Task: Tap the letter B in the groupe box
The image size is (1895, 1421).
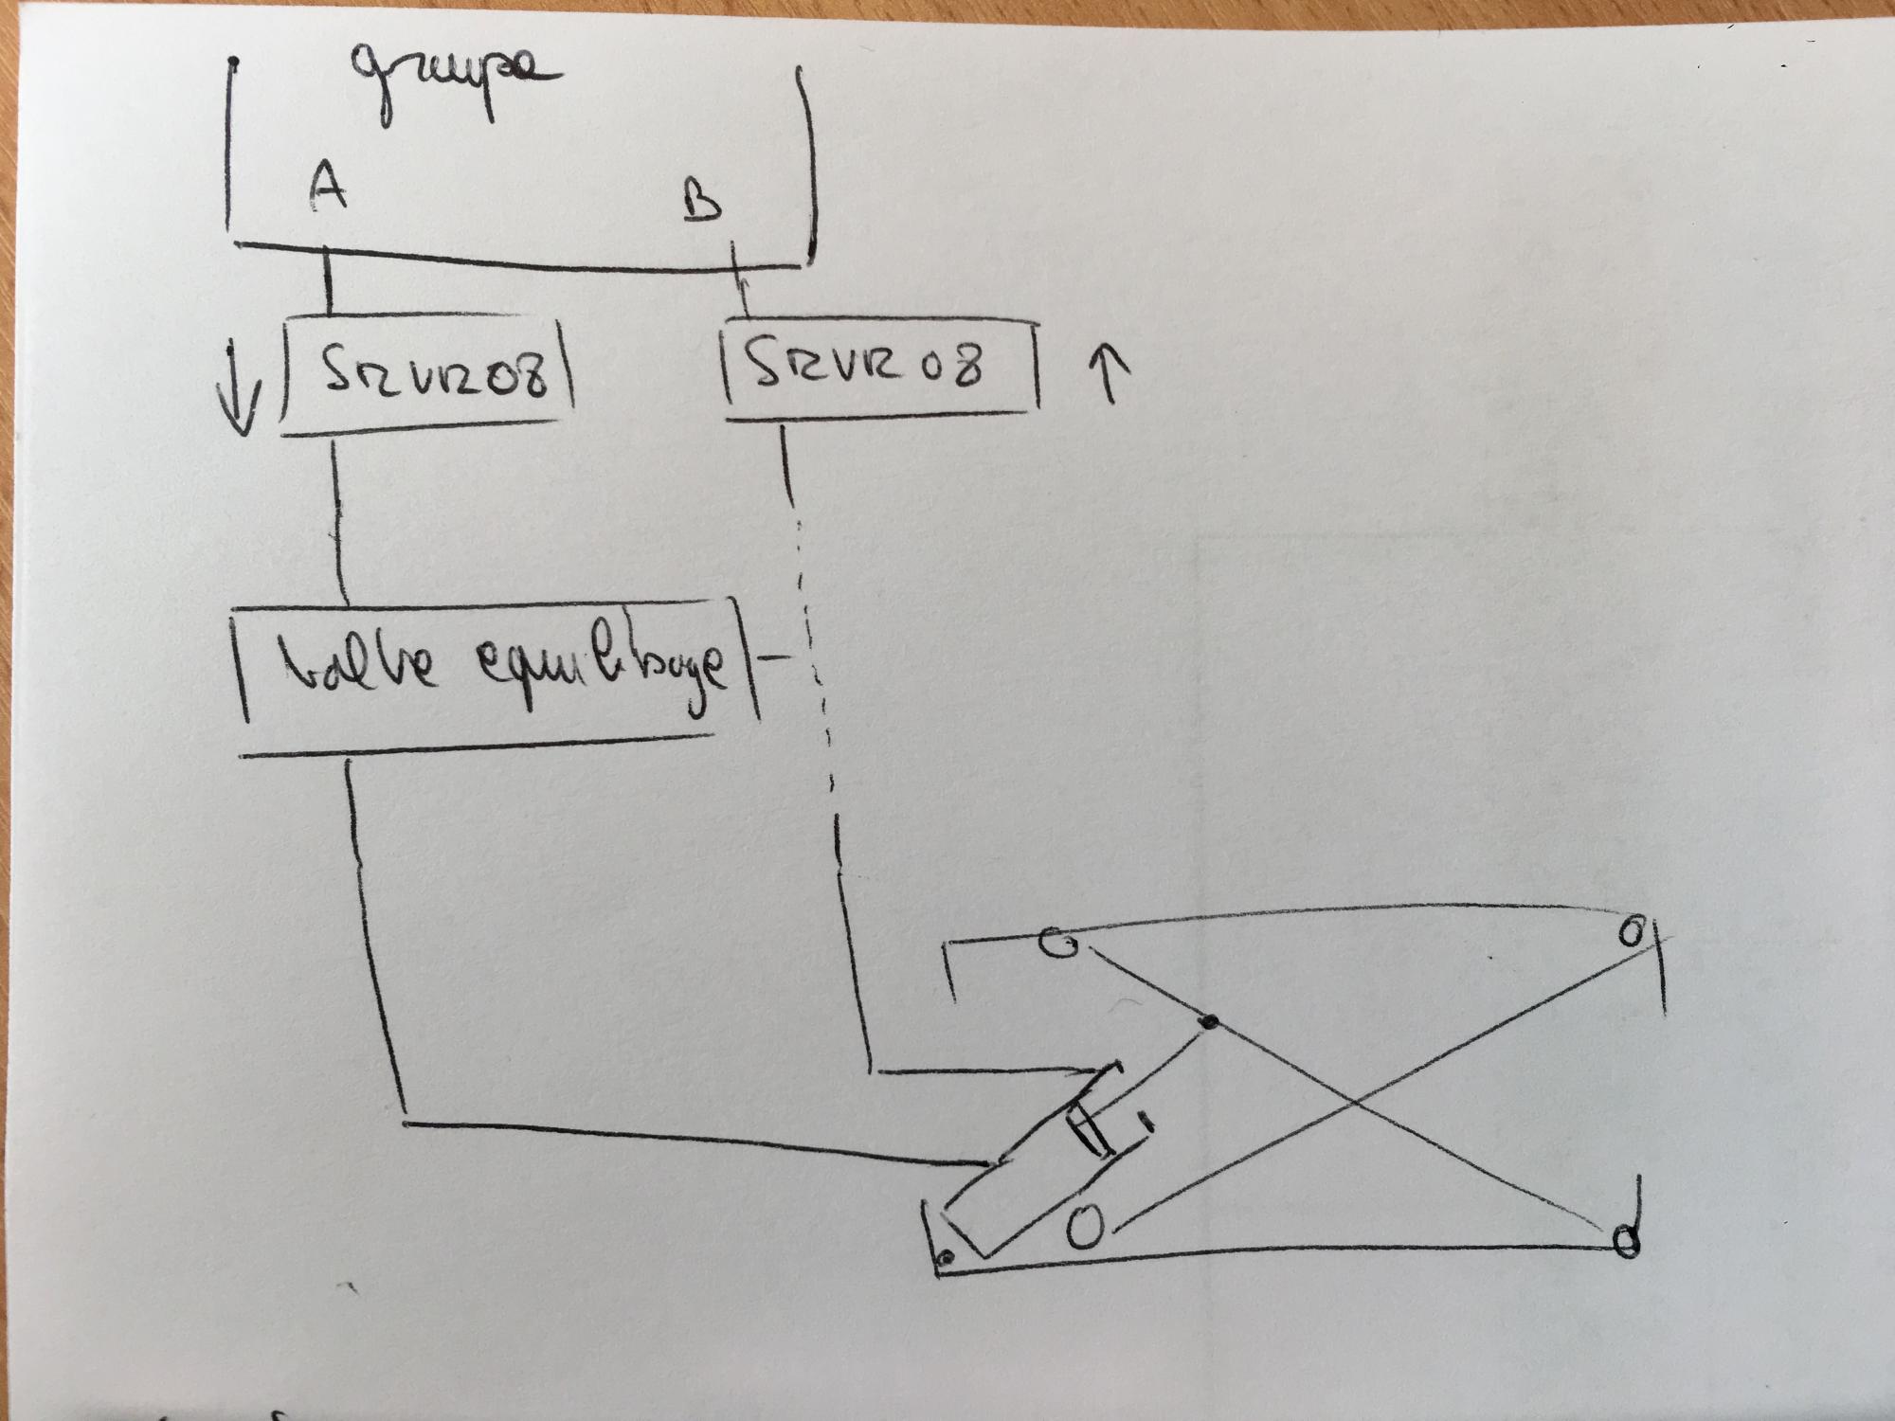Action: (x=702, y=201)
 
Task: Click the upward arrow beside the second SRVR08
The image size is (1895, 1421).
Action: (x=1111, y=372)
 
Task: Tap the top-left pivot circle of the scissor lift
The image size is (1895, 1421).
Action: (x=1058, y=944)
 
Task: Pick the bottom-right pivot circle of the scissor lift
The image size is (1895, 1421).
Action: (x=1626, y=1239)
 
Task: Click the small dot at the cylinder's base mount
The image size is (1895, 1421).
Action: (x=945, y=1258)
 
